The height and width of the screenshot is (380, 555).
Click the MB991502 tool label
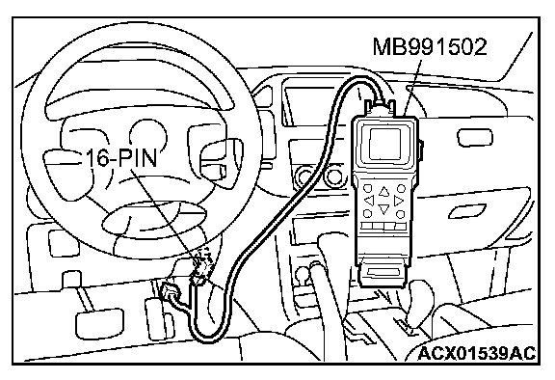pyautogui.click(x=430, y=46)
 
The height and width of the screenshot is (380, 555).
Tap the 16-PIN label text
pyautogui.click(x=121, y=157)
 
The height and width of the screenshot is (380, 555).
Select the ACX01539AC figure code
pyautogui.click(x=477, y=353)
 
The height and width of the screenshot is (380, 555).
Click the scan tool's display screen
pyautogui.click(x=384, y=144)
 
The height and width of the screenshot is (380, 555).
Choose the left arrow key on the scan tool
pyautogui.click(x=369, y=201)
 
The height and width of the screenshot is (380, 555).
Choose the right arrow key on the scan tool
pyautogui.click(x=399, y=201)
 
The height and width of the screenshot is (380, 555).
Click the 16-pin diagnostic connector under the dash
pyautogui.click(x=200, y=264)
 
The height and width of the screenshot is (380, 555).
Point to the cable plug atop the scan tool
pyautogui.click(x=380, y=106)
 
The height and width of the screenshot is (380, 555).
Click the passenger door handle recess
pyautogui.click(x=467, y=211)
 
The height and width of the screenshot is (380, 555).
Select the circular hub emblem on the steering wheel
pyautogui.click(x=148, y=136)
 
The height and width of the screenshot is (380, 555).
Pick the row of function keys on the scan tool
pyautogui.click(x=383, y=226)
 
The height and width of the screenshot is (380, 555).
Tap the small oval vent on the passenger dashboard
pyautogui.click(x=475, y=138)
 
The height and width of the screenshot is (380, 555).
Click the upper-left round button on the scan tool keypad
pyautogui.click(x=368, y=188)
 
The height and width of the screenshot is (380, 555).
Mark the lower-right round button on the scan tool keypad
pyautogui.click(x=400, y=214)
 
